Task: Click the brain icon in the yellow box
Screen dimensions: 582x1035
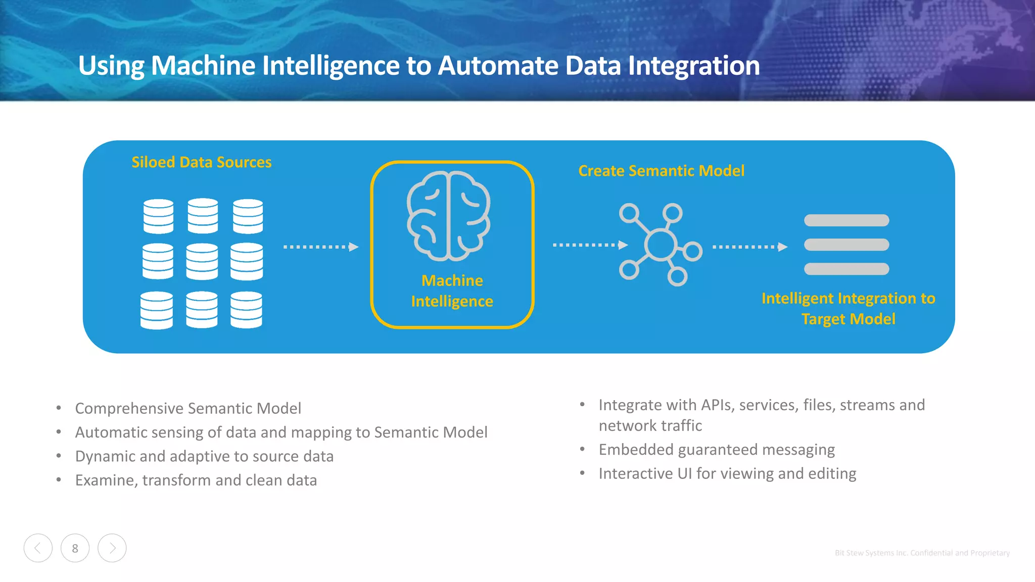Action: point(448,216)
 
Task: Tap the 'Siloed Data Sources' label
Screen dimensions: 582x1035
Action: point(201,162)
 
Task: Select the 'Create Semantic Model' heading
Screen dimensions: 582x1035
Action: point(661,171)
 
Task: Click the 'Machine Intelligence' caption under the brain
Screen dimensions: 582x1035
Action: point(452,291)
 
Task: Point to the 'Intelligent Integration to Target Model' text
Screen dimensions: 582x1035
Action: point(848,308)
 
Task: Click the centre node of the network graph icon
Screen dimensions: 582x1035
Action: point(660,245)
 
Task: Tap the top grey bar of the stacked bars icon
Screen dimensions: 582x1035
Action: point(846,220)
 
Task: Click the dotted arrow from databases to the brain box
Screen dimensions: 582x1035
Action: point(320,247)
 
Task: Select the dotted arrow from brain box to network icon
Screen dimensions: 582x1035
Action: point(590,245)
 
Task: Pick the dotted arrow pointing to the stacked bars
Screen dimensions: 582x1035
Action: point(749,247)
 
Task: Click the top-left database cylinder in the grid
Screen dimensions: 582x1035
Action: point(158,216)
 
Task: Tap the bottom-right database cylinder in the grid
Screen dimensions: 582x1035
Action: point(246,310)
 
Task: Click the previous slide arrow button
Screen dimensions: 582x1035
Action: point(38,548)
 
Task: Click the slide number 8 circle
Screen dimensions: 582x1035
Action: point(75,548)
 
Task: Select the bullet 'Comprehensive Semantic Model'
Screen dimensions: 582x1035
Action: point(188,408)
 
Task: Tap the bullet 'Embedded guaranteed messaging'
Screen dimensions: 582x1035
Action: point(716,450)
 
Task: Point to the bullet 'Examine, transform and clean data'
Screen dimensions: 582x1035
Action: point(196,480)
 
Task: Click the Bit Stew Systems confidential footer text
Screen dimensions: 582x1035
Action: point(922,553)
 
